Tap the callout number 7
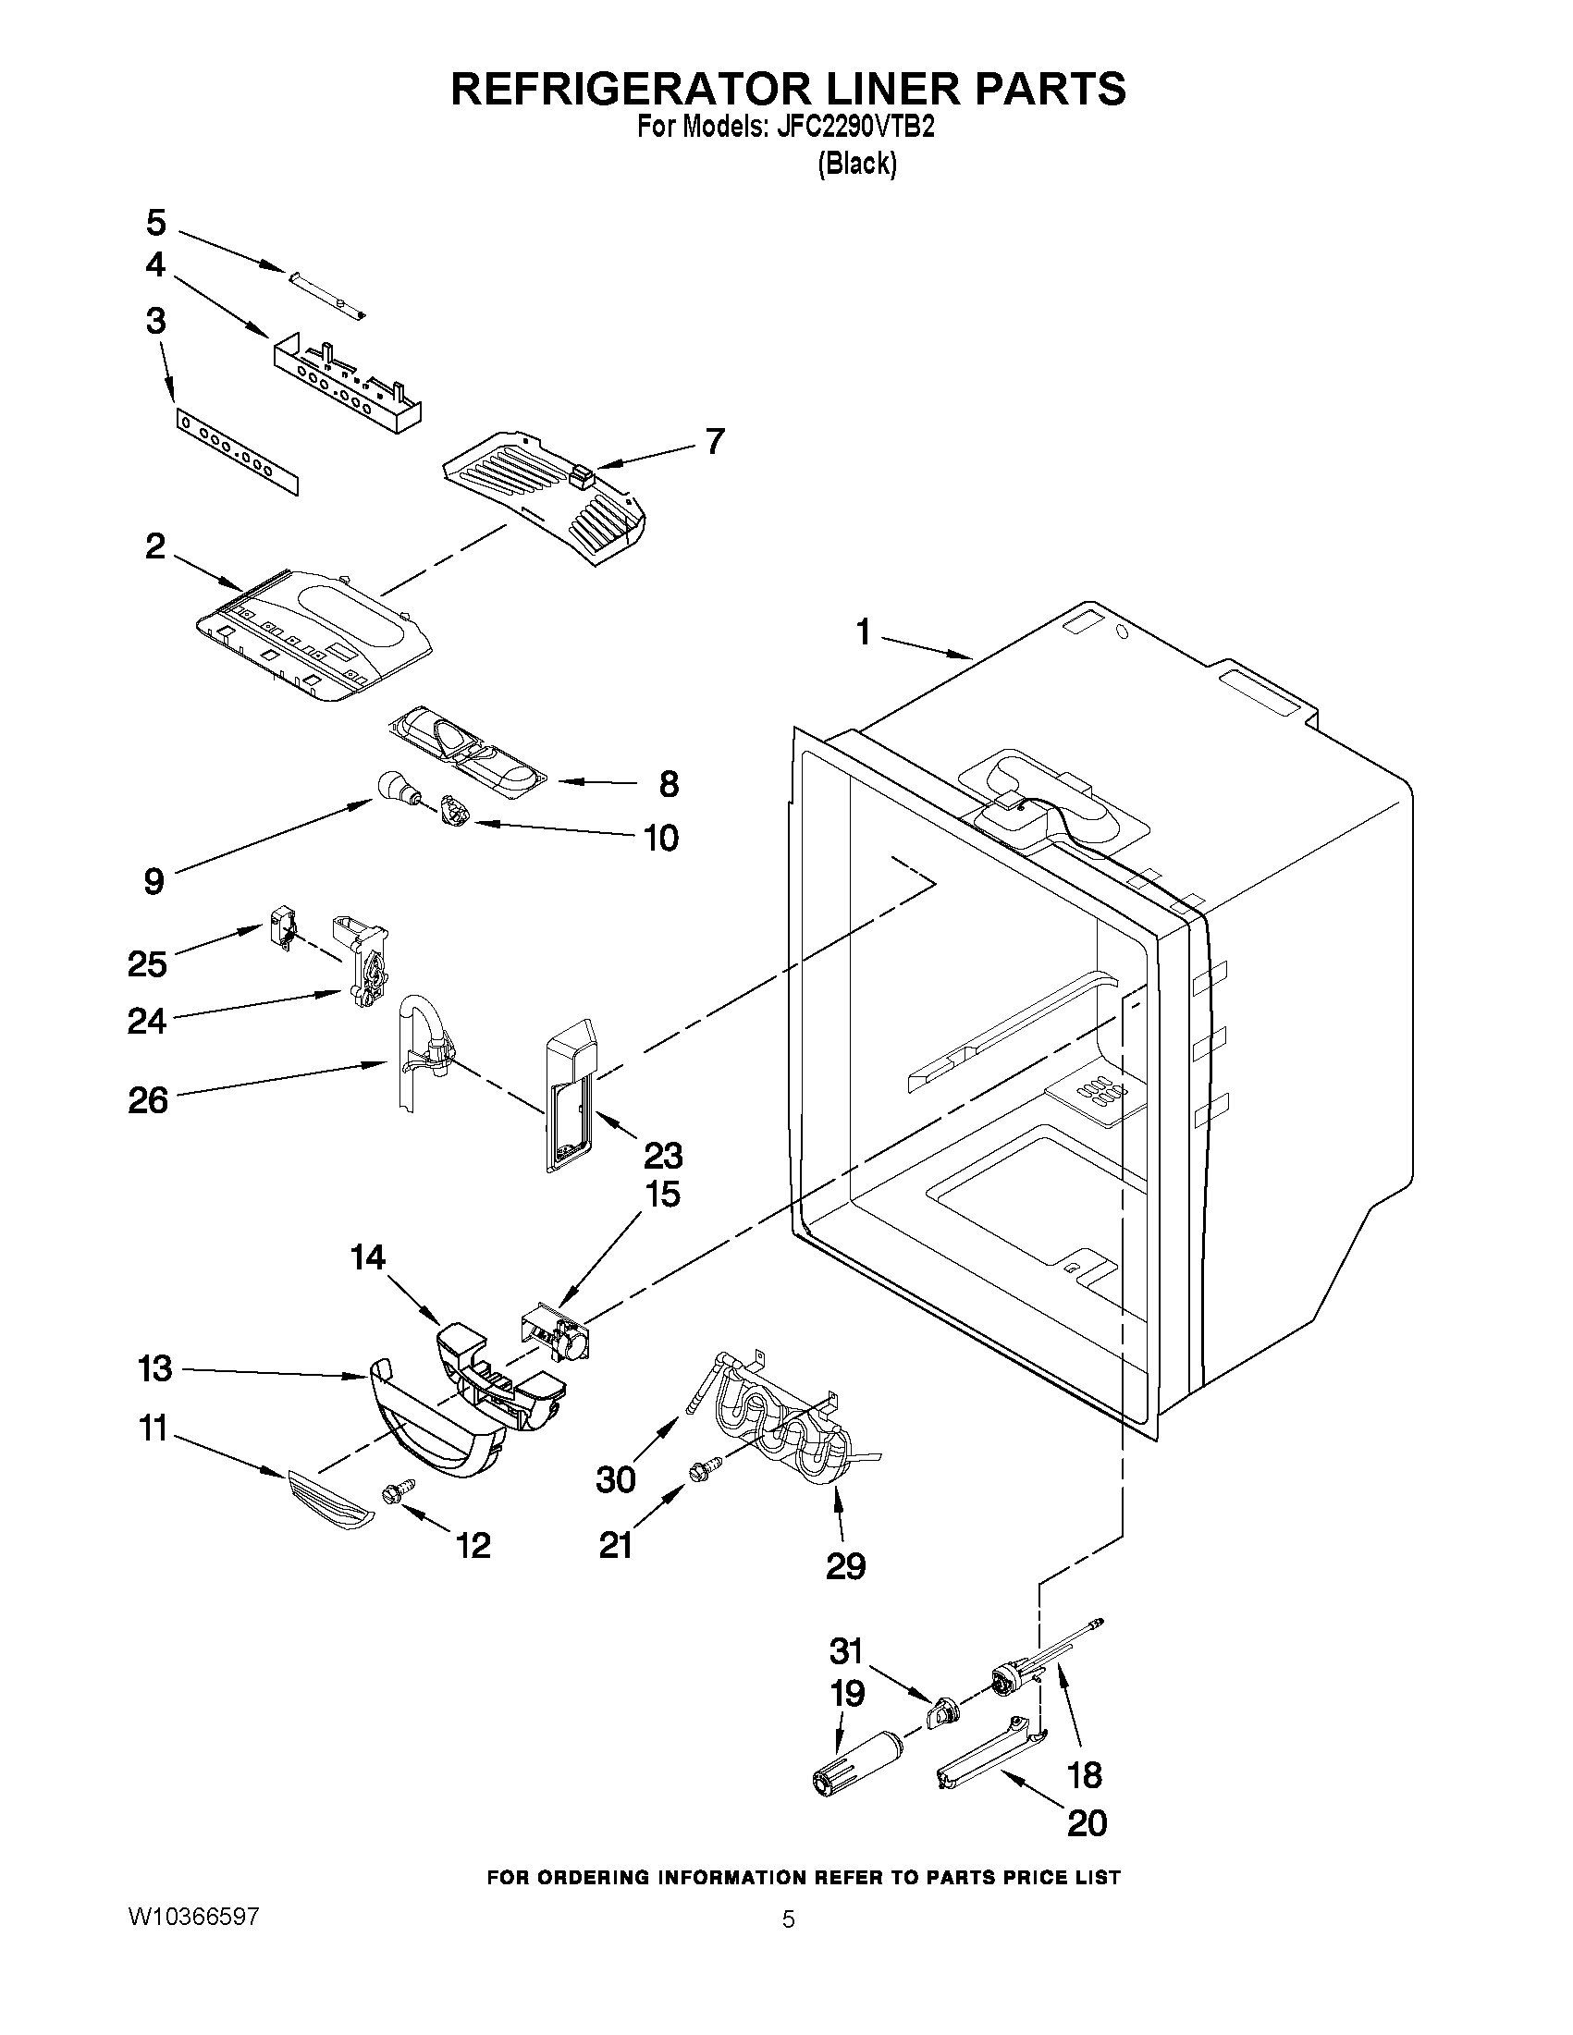(714, 441)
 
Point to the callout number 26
(148, 1100)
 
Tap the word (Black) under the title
(856, 164)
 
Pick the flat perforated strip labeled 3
(238, 454)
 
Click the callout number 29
(845, 1565)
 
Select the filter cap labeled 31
(944, 1710)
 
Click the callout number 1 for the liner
(863, 633)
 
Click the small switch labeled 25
(280, 929)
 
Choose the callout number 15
(662, 1195)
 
